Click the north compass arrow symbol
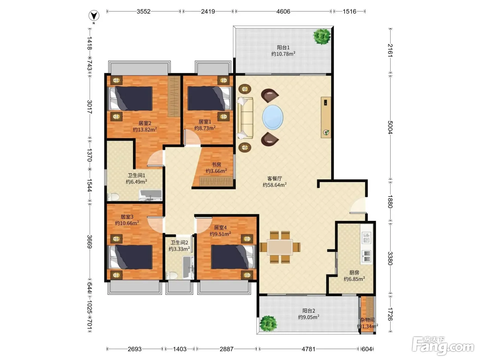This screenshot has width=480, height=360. pos(94,15)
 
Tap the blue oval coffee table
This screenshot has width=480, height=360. pos(273,117)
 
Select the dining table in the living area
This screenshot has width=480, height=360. pos(280,247)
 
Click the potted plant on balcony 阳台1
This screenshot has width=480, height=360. pos(322,36)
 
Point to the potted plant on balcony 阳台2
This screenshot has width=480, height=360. pos(268,324)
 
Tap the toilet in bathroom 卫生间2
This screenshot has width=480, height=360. pos(171,275)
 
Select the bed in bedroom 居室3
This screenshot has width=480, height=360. pos(130,257)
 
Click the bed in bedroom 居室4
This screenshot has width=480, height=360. pos(233,257)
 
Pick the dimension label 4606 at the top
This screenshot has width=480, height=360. pos(283,11)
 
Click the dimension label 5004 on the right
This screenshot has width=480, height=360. pos(390,127)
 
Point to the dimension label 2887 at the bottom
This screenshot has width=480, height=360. pos(227,349)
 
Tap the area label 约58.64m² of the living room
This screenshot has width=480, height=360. pos(275,185)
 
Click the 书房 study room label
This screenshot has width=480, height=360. pos(216,164)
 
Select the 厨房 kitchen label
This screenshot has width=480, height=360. pos(354,272)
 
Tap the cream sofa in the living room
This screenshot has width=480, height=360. pos(245,118)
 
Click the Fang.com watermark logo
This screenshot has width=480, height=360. pos(443,346)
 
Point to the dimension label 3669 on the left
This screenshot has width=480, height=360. pos(89,241)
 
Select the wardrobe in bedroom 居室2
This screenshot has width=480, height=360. pos(174,96)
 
